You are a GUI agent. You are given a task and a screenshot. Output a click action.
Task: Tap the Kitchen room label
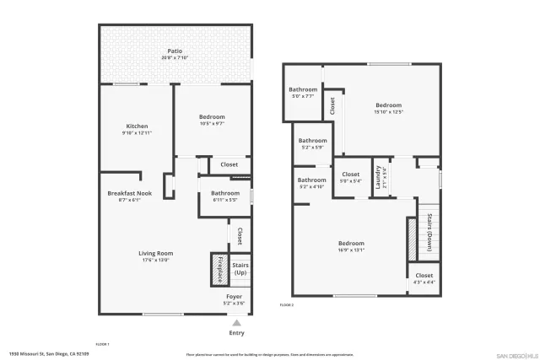[137, 126]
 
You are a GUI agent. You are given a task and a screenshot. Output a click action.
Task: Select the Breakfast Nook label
[129, 194]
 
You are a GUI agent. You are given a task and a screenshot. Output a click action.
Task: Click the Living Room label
[156, 253]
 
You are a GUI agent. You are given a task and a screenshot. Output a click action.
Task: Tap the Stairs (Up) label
[240, 269]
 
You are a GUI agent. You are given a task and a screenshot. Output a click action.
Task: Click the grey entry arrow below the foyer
[237, 321]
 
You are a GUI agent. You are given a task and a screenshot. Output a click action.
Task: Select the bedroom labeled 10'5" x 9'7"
[212, 117]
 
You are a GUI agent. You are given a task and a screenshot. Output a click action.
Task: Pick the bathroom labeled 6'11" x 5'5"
[224, 194]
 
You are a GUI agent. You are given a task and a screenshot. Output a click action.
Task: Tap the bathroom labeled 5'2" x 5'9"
[312, 141]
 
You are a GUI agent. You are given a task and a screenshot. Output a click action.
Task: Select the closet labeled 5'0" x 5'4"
[350, 175]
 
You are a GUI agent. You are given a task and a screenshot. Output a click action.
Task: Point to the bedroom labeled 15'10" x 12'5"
[389, 107]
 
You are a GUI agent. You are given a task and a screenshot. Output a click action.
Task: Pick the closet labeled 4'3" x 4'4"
[424, 276]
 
